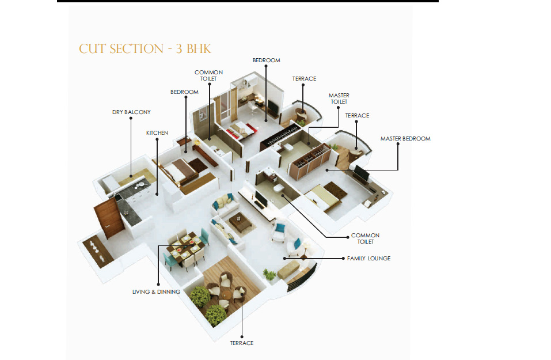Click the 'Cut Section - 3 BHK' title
point(145,49)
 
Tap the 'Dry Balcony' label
point(131,112)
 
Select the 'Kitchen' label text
point(157,133)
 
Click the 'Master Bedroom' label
point(405,138)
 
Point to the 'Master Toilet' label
point(339,98)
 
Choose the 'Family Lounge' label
point(368,259)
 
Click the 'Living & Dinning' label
point(157,292)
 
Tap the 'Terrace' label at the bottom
point(242,343)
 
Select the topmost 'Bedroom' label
point(267,60)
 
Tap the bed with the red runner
point(241,130)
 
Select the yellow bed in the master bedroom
point(322,197)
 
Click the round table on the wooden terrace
point(226,294)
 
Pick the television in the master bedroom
point(361,173)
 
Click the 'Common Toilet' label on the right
point(366,238)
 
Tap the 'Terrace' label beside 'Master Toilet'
point(357,116)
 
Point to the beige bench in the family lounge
point(289,270)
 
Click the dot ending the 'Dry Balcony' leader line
point(131,176)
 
